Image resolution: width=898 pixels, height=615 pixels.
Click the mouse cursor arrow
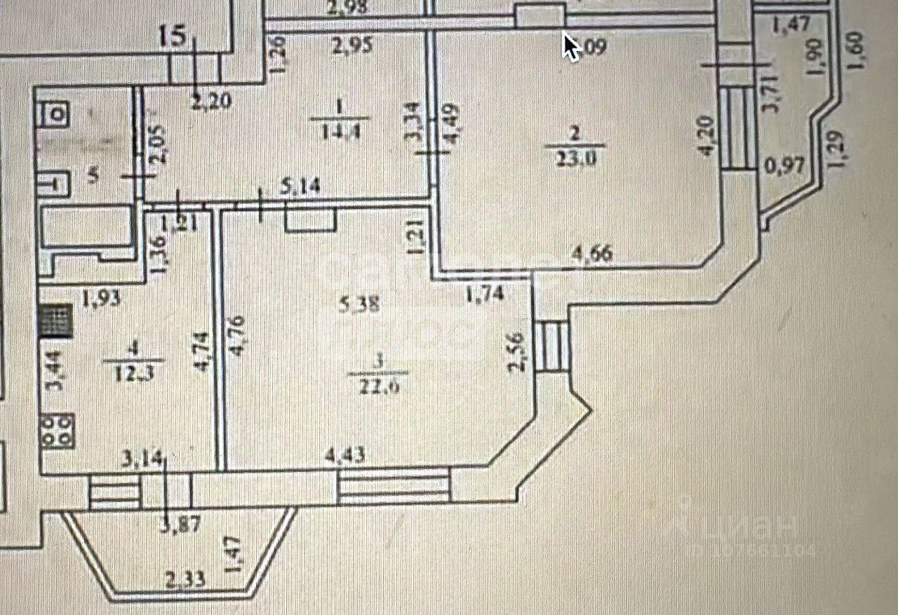coord(571,46)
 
